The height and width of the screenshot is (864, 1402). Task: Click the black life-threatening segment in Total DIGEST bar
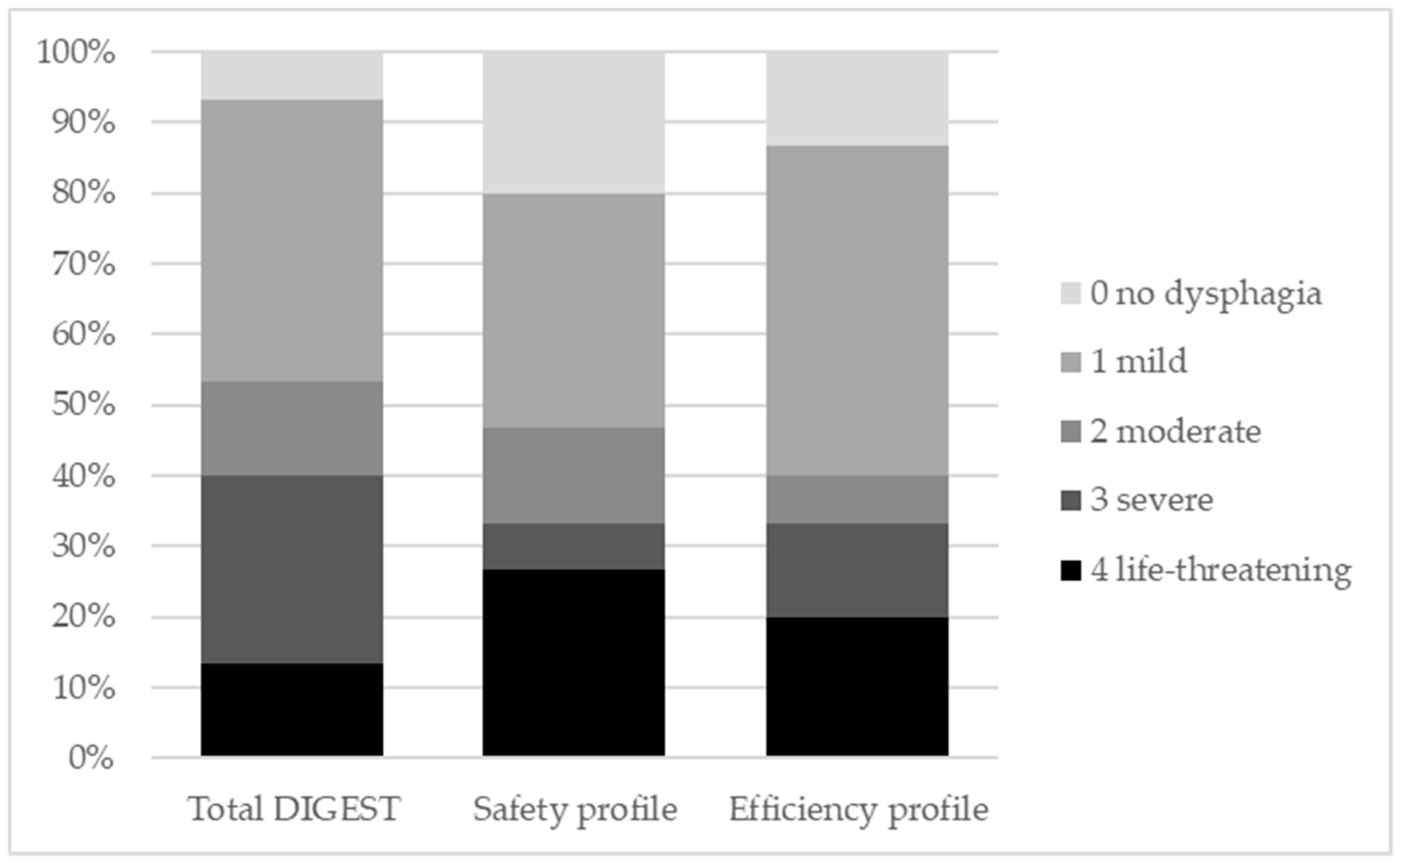[292, 710]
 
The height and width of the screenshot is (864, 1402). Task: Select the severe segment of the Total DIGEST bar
[292, 569]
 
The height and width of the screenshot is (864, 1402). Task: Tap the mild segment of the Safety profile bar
[574, 310]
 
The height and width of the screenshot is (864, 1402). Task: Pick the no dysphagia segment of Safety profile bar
[574, 122]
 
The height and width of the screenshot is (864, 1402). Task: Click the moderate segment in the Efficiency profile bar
[857, 499]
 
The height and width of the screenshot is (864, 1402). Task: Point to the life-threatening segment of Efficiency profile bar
[857, 687]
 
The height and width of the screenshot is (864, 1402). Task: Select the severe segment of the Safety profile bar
[574, 546]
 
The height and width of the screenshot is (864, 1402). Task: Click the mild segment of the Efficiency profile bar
[857, 310]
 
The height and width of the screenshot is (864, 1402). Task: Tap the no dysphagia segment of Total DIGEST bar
[292, 75]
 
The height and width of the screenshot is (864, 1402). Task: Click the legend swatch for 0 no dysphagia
[1071, 294]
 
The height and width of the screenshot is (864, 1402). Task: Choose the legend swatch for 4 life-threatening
[1071, 571]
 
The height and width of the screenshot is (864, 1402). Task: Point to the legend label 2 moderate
[1175, 431]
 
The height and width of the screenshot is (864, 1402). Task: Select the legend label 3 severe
[1151, 500]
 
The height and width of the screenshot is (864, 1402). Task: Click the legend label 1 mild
[1139, 362]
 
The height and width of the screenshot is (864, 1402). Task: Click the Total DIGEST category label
[294, 809]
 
